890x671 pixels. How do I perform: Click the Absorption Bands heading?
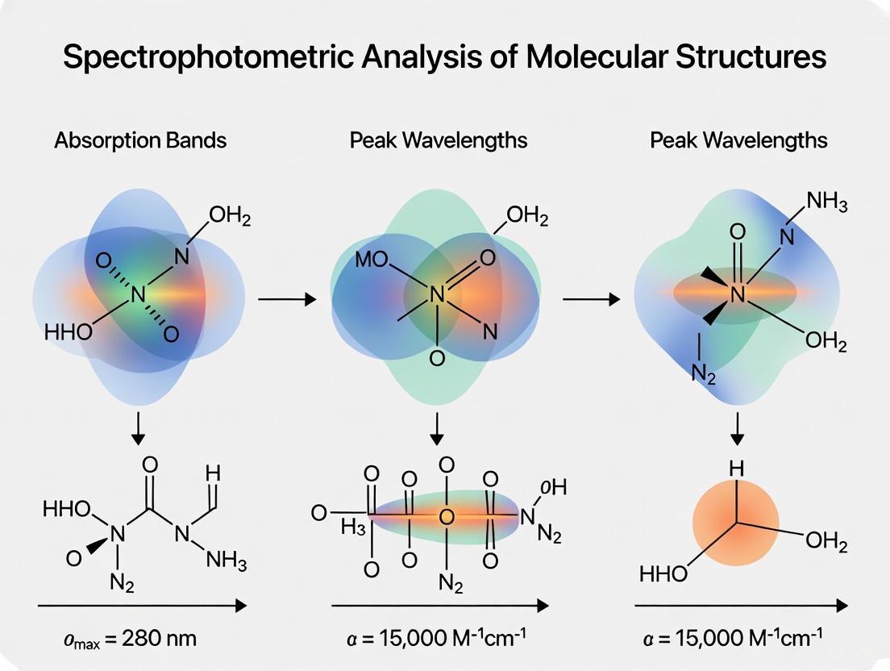point(140,140)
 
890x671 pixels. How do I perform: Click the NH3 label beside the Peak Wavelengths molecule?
point(825,201)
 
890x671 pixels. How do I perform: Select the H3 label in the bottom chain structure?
point(352,528)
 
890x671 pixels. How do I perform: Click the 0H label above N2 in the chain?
point(554,487)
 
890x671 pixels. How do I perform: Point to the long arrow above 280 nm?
point(141,604)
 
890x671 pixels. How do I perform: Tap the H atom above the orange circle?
point(735,467)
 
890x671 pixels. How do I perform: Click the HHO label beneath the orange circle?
point(663,574)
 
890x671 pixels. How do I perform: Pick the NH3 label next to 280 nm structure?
point(226,561)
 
